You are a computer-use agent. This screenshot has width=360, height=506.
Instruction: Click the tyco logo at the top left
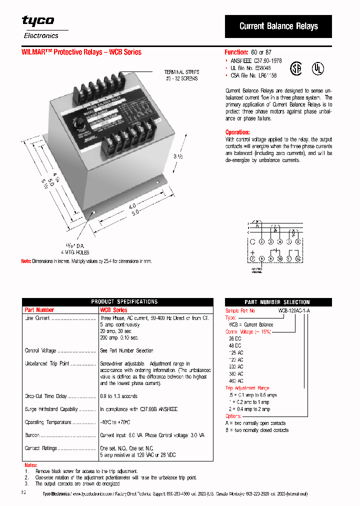38,21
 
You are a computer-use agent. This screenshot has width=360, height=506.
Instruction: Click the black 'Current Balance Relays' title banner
278,26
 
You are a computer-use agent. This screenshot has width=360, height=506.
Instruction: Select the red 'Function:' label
236,52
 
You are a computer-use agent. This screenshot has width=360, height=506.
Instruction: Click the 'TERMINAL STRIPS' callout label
181,72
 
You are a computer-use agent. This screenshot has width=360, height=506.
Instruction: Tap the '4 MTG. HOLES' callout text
75,252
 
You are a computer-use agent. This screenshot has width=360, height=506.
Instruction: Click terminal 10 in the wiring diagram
280,258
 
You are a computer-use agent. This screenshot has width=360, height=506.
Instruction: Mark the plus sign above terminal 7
252,252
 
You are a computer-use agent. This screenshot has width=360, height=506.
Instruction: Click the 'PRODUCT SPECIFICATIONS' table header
117,301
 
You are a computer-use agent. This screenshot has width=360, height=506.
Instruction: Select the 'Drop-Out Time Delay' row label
46,396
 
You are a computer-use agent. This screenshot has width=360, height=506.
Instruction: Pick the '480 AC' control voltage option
236,381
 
